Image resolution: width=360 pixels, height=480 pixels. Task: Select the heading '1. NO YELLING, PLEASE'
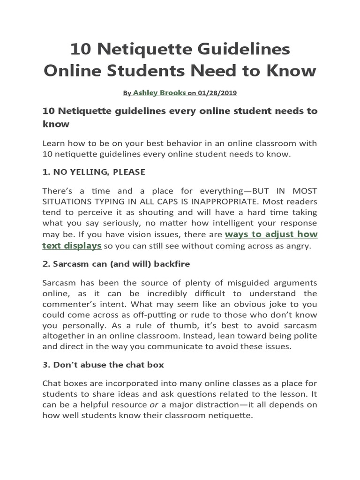pyautogui.click(x=94, y=172)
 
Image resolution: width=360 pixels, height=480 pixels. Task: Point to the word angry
pyautogui.click(x=298, y=246)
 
